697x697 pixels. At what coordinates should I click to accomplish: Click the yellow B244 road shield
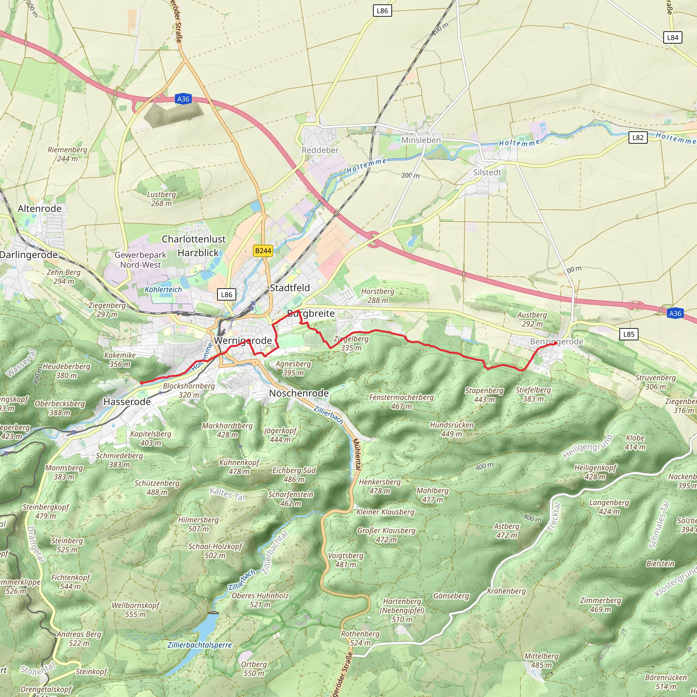click(x=263, y=251)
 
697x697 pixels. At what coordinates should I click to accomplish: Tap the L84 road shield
click(x=672, y=37)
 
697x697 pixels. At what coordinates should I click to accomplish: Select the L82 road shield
click(x=638, y=137)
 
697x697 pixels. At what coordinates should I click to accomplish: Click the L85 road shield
click(x=629, y=334)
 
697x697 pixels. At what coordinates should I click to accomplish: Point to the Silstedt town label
click(x=487, y=173)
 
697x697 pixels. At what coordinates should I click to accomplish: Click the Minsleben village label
click(x=421, y=140)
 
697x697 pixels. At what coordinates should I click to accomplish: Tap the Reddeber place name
click(x=320, y=150)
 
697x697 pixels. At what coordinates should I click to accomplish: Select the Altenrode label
click(x=40, y=209)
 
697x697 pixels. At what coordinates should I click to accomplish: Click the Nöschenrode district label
click(x=299, y=393)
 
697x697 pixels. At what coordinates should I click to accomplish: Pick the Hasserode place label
click(x=127, y=402)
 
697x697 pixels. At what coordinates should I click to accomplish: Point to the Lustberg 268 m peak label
click(x=161, y=199)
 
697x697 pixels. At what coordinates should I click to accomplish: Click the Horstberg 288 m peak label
click(x=378, y=295)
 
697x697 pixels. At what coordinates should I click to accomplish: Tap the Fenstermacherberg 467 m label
click(x=401, y=402)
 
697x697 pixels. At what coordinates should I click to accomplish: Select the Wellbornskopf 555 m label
click(x=135, y=610)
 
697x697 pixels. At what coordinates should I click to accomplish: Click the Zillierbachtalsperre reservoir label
click(x=199, y=645)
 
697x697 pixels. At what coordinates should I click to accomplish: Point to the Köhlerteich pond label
click(x=163, y=289)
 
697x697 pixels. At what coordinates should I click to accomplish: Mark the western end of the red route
click(x=142, y=383)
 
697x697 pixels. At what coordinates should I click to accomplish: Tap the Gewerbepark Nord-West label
click(x=140, y=260)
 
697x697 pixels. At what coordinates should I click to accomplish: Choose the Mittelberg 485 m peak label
click(x=541, y=661)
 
